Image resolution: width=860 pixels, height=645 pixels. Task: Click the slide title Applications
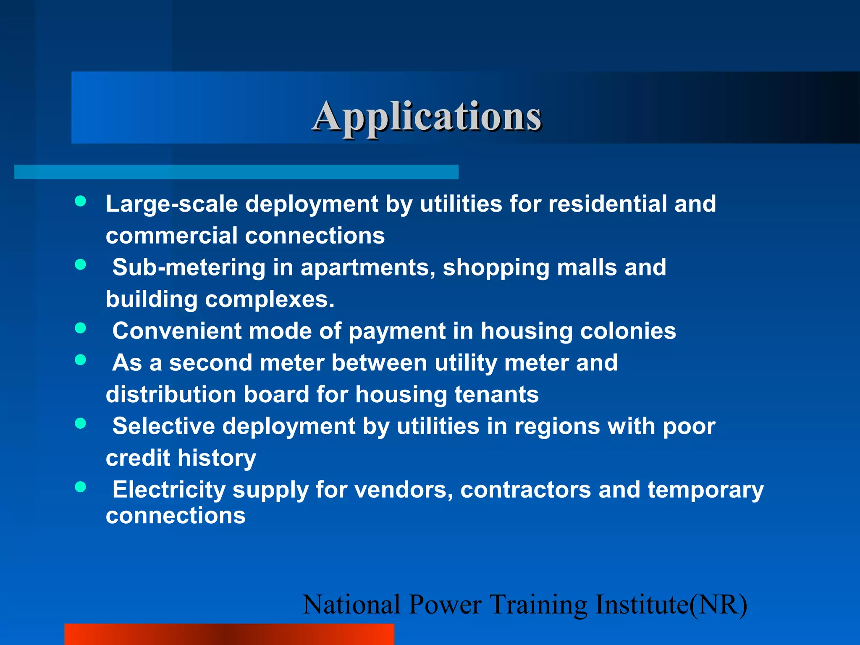427,117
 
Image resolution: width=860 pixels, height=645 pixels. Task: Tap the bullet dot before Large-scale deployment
81,201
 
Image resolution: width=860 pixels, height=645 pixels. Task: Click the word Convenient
177,331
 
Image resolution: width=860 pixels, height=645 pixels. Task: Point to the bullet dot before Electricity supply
81,487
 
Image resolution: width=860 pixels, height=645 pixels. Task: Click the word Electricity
169,490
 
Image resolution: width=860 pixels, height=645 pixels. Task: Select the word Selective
163,426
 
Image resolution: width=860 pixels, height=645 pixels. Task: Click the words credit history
181,458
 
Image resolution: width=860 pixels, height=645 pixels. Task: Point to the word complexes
269,300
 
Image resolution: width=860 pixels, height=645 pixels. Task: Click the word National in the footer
351,605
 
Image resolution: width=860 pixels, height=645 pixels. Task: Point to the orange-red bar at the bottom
229,634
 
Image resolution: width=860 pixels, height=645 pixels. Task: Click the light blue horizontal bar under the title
236,172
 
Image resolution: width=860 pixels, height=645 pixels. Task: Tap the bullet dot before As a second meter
81,360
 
